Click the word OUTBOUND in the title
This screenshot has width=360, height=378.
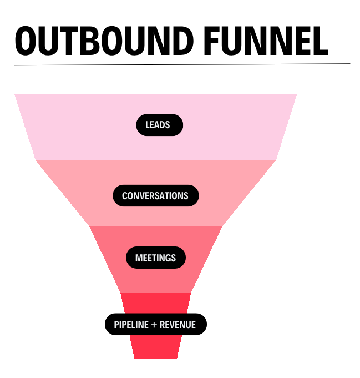tap(102, 39)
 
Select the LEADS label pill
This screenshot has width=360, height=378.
tap(159, 125)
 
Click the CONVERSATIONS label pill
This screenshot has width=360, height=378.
tap(155, 196)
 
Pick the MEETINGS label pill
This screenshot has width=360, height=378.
tap(155, 258)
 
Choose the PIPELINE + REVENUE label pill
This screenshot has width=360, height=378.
tap(155, 325)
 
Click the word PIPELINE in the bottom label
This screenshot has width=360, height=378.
tap(131, 325)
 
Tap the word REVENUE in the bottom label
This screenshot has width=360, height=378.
tap(178, 325)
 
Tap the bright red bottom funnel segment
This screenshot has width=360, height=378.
tap(156, 347)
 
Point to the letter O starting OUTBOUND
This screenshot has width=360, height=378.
tap(26, 39)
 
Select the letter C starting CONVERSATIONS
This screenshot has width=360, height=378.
tap(125, 196)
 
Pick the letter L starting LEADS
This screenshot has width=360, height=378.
tap(148, 125)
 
